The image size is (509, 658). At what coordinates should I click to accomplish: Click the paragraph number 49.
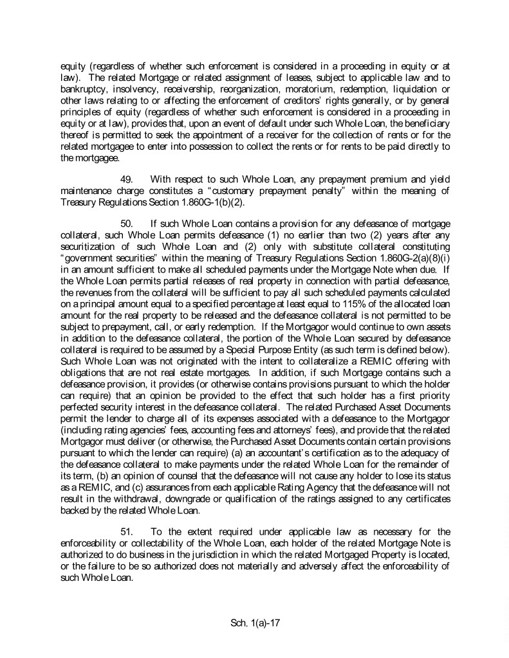[x=127, y=178]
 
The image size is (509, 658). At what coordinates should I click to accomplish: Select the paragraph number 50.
[x=127, y=222]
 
